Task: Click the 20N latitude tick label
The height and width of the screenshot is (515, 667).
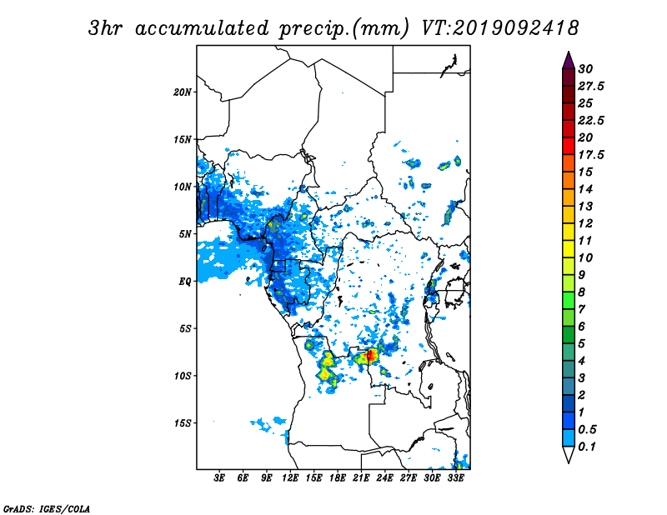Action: pyautogui.click(x=183, y=92)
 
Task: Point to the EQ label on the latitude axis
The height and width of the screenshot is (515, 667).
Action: pyautogui.click(x=184, y=282)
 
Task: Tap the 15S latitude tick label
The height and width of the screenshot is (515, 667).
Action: pyautogui.click(x=183, y=423)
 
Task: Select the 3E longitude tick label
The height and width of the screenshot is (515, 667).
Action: pyautogui.click(x=219, y=477)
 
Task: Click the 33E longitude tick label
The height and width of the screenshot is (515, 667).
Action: pyautogui.click(x=455, y=477)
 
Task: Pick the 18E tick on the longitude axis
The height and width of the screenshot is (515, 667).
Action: pyautogui.click(x=338, y=477)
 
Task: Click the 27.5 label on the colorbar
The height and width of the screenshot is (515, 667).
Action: pyautogui.click(x=591, y=87)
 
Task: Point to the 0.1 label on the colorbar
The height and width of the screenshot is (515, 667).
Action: pyautogui.click(x=587, y=447)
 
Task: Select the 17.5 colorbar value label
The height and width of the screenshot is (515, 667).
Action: pyautogui.click(x=591, y=155)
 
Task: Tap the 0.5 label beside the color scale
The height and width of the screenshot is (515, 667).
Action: pyautogui.click(x=587, y=429)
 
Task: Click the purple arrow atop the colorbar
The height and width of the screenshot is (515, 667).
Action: pyautogui.click(x=569, y=60)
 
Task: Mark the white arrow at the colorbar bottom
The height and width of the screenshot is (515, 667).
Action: pyautogui.click(x=569, y=455)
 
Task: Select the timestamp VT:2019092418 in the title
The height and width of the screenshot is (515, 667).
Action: pyautogui.click(x=499, y=28)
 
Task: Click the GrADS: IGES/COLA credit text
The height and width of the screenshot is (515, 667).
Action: pyautogui.click(x=47, y=508)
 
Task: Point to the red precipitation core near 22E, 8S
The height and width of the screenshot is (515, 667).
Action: pyautogui.click(x=371, y=354)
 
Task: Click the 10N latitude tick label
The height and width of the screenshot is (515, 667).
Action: pyautogui.click(x=183, y=187)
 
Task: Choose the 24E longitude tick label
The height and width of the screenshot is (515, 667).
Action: pyautogui.click(x=384, y=477)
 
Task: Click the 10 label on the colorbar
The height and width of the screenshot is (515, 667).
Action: pyautogui.click(x=585, y=257)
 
